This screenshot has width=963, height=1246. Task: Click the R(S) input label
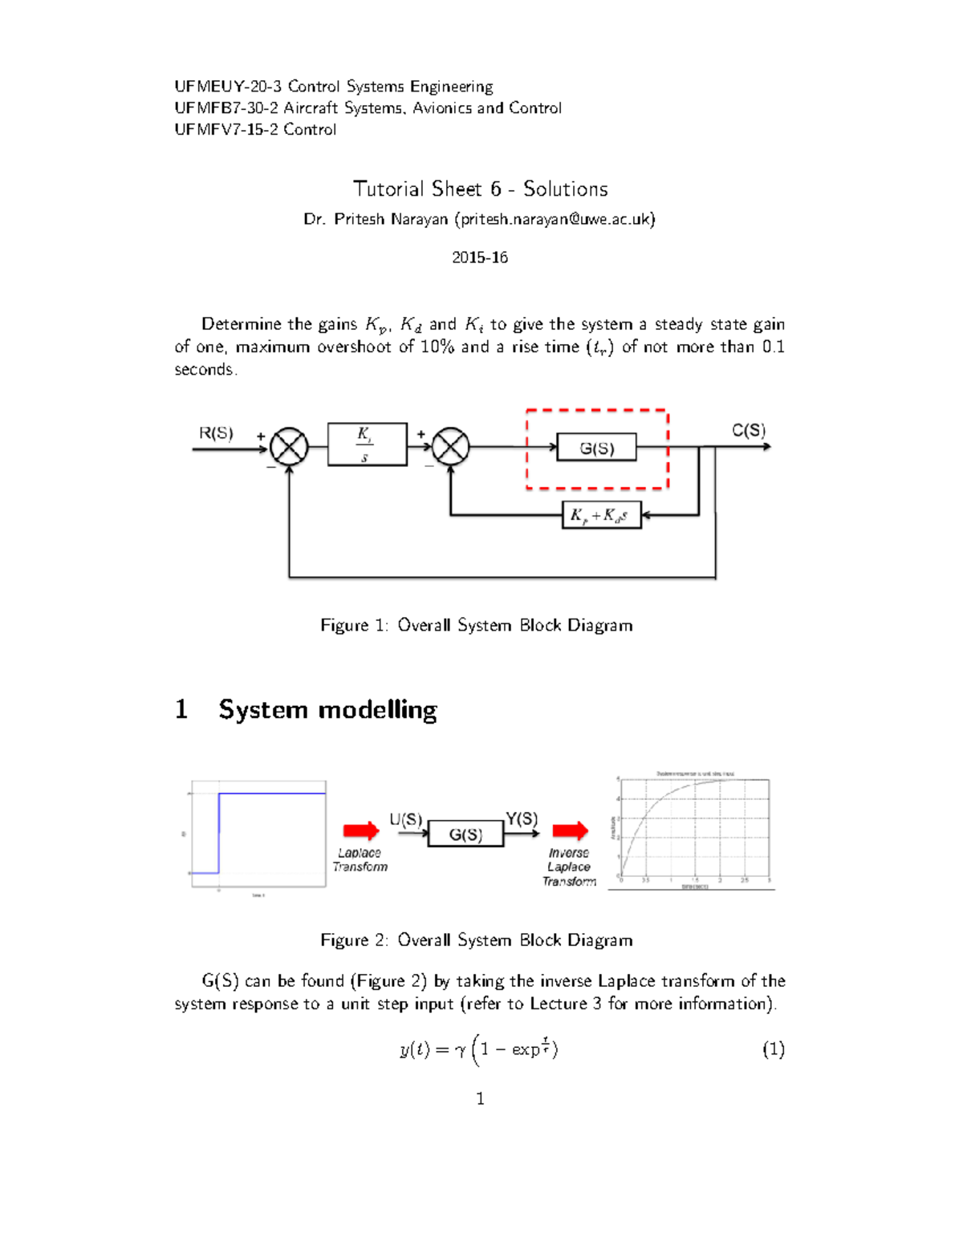coord(216,433)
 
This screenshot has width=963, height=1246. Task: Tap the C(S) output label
coord(748,430)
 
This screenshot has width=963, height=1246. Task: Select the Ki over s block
coord(367,444)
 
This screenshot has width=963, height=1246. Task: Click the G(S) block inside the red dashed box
coord(596,448)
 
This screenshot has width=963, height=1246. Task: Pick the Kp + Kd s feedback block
coord(601,515)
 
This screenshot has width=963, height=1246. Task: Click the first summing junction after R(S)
coord(289,446)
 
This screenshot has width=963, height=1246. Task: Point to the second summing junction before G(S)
coord(450,446)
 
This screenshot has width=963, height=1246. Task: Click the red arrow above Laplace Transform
coord(360,830)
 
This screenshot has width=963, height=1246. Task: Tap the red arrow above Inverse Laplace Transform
coord(570,830)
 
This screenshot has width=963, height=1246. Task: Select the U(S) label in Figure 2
coord(405,819)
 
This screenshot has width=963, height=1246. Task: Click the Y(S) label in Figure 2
coord(522,818)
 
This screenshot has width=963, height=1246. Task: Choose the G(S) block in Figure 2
coord(465,834)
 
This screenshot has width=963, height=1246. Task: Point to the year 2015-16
coord(479,258)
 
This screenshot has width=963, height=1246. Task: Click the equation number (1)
coord(773,1049)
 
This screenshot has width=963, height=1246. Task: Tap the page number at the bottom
coord(480,1098)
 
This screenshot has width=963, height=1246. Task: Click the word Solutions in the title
coord(565,189)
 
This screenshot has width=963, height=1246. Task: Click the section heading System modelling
coord(327,709)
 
